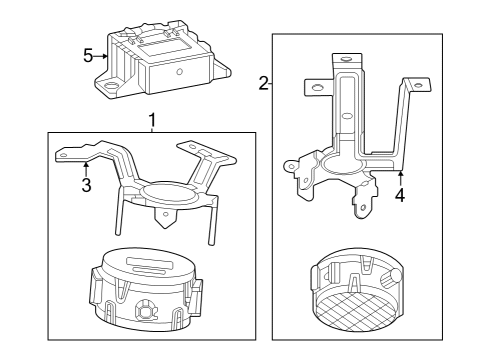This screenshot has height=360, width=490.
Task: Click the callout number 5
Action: coord(87,56)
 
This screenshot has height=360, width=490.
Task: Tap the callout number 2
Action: coord(264,84)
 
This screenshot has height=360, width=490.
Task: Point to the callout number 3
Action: coord(86,185)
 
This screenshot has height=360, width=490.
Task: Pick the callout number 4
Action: coord(399,196)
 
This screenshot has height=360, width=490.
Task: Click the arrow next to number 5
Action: coord(103,56)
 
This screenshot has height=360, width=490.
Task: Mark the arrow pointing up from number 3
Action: coord(86,167)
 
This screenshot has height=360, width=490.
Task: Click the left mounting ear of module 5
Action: coord(105,88)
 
